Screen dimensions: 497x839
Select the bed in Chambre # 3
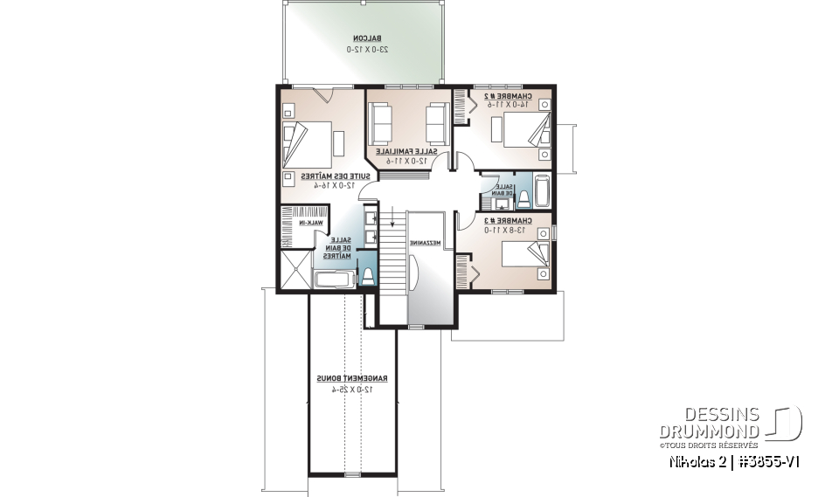[x=522, y=256]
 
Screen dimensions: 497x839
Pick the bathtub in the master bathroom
[x=333, y=280]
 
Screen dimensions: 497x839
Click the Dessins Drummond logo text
[x=709, y=423]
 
